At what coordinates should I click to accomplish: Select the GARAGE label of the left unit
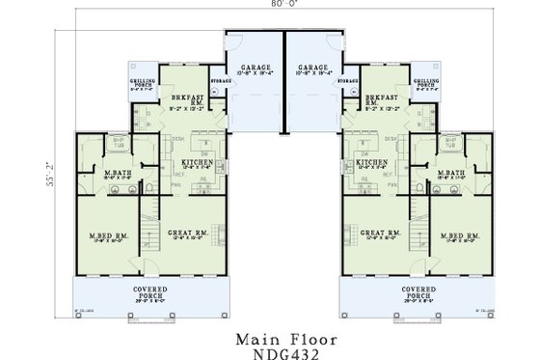coord(251,68)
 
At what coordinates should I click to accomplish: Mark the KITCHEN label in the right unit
coord(372,163)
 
